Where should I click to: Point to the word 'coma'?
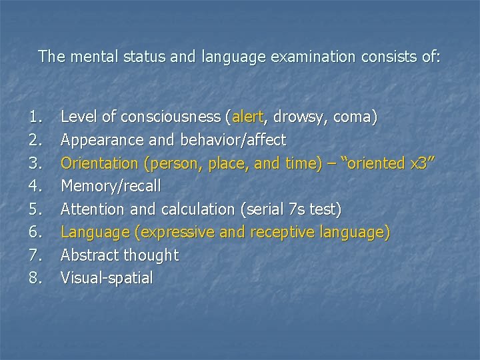(352, 117)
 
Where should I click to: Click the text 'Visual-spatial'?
(107, 278)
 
